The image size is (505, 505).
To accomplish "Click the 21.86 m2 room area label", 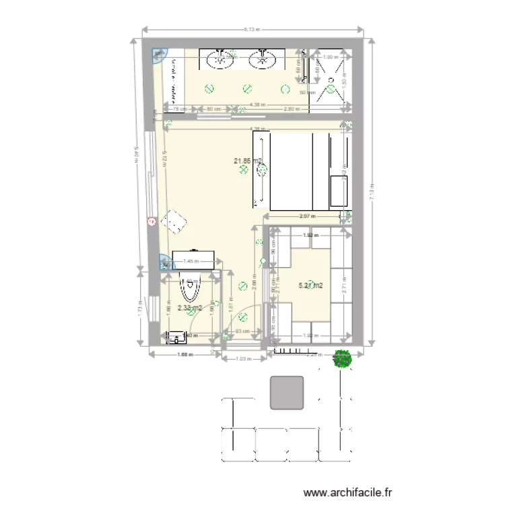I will click(247, 161).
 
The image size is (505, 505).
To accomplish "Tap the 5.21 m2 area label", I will click(310, 285).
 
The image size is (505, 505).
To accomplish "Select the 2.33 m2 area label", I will click(190, 308).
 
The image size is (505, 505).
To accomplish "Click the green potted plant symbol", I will click(343, 360).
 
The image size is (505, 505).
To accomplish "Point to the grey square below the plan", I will click(287, 393).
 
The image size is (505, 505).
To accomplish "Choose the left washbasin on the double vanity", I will click(221, 61).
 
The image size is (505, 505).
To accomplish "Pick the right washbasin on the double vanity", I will click(262, 61).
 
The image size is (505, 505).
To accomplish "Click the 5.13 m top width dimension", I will click(252, 30).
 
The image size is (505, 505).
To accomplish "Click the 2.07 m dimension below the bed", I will click(306, 216).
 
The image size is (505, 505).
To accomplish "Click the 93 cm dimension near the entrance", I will click(242, 331).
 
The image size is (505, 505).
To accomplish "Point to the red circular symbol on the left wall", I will click(151, 220).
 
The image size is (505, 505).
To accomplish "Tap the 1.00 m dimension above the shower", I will click(330, 57).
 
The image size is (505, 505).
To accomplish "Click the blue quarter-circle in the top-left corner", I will click(159, 55).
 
